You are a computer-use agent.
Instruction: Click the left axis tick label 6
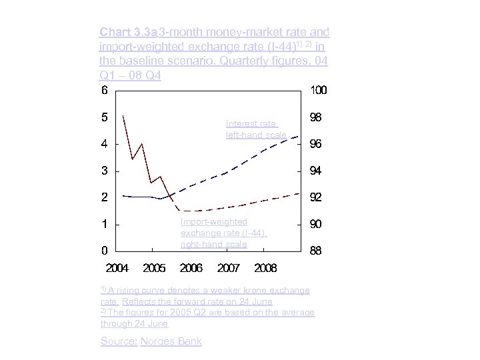point(105,90)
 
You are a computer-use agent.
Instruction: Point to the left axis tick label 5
point(105,117)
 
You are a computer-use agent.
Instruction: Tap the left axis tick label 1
point(105,224)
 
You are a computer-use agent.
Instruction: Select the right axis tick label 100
point(319,90)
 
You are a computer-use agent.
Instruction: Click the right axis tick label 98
point(317,117)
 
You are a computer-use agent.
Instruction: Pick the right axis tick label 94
point(317,171)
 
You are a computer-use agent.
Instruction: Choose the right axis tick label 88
point(317,251)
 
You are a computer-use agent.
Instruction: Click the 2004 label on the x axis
point(117,268)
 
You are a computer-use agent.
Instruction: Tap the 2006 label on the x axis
point(191,268)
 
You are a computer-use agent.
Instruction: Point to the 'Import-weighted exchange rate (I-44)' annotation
point(223,233)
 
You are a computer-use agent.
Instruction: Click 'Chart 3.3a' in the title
point(119,32)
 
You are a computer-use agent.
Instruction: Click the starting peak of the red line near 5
point(123,116)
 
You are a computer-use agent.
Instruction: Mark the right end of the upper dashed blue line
point(298,136)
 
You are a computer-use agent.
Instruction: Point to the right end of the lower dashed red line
point(299,193)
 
